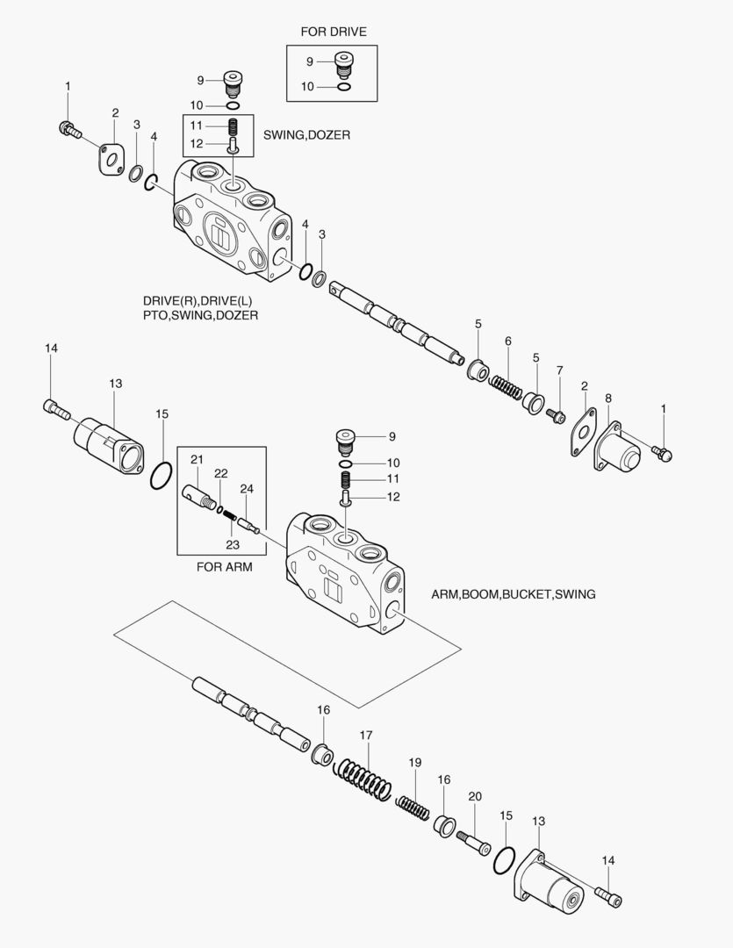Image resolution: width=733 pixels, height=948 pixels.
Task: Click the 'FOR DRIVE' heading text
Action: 333,32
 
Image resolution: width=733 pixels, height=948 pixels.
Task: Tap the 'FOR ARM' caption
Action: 224,567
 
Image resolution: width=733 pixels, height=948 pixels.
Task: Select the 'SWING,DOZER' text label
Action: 306,135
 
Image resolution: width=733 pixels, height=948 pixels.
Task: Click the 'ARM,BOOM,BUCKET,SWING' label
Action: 513,594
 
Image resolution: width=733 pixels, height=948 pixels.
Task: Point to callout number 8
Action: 607,399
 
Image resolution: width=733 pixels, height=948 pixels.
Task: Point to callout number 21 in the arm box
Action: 197,459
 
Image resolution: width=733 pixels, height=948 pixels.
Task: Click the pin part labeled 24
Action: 246,523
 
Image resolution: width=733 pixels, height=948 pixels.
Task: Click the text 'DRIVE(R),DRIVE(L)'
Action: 190,299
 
